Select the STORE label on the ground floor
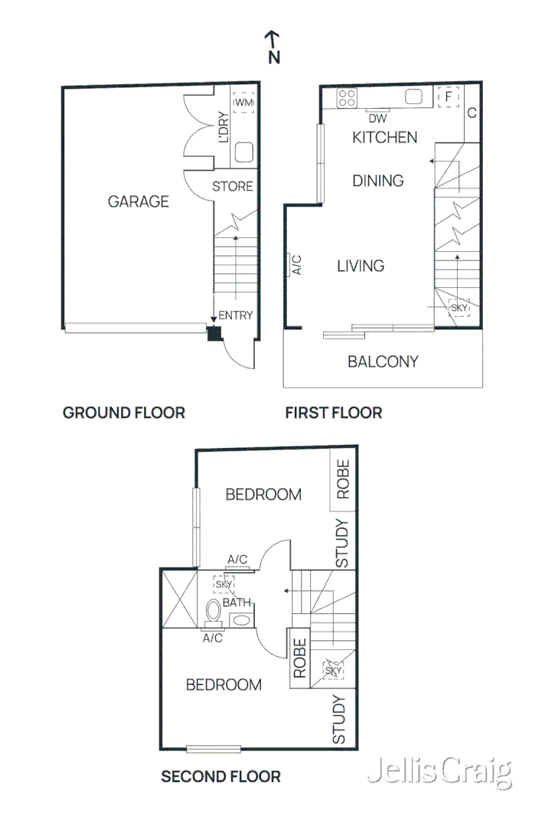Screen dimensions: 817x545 pos(232,186)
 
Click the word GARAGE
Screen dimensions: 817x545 pos(138,202)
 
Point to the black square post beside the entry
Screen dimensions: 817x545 pos(214,333)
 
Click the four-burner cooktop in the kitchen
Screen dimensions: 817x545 pos(347,97)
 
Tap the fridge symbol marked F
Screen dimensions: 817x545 pos(448,97)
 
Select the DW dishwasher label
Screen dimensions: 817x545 pos(377,119)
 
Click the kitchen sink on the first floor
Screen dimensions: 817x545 pos(414,96)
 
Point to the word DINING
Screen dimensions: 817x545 pos(377,181)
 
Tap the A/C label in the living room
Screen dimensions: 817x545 pos(298,265)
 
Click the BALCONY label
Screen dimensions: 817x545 pos(383,361)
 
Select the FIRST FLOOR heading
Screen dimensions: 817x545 pos(333,413)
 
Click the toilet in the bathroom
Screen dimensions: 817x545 pos(213,613)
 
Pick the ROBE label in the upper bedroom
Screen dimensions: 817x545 pos(343,479)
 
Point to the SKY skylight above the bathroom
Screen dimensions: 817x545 pos(224,584)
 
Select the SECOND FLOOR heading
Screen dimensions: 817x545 pos(220,777)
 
